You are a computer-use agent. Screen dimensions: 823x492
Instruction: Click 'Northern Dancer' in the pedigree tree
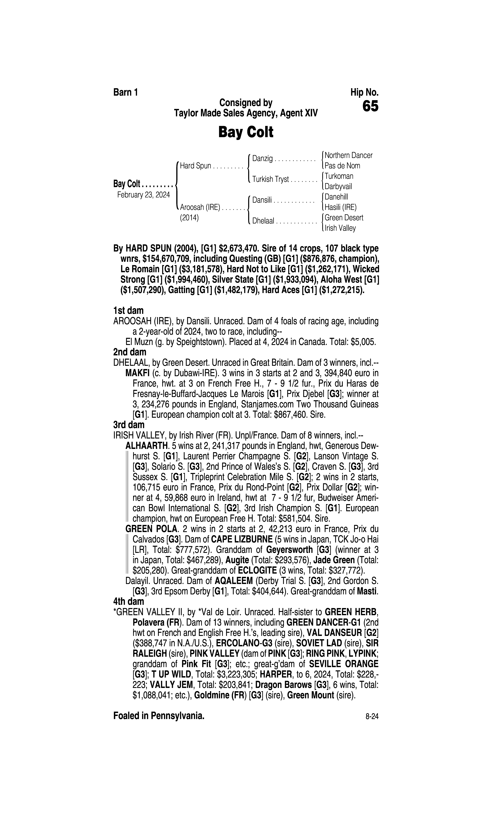[x=348, y=155]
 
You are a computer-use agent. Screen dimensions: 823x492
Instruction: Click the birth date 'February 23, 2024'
[x=143, y=195]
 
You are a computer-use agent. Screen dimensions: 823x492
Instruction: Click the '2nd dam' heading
[x=130, y=352]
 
